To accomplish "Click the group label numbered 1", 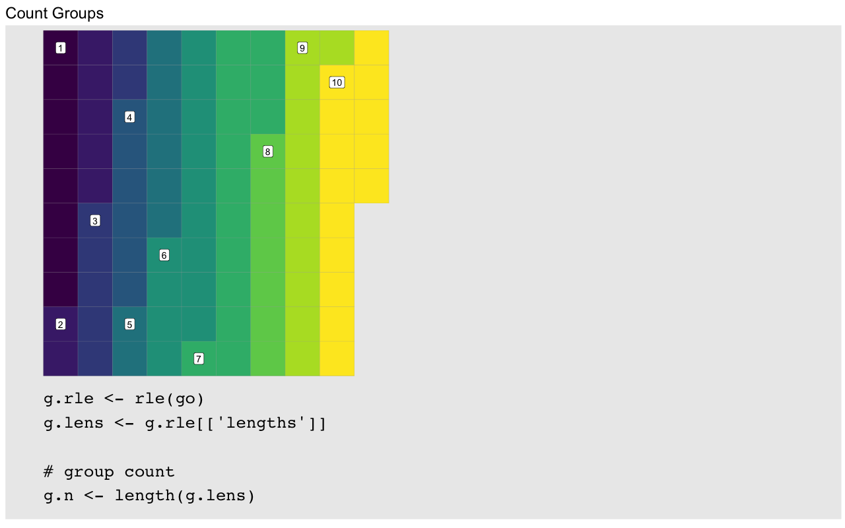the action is pyautogui.click(x=60, y=48).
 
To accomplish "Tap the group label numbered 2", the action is pyautogui.click(x=60, y=324).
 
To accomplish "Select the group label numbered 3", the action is pyautogui.click(x=95, y=220).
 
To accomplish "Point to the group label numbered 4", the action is pyautogui.click(x=129, y=117).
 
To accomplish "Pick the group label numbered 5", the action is pyautogui.click(x=129, y=324).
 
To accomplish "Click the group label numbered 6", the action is pyautogui.click(x=164, y=255).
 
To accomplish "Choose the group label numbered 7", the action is pyautogui.click(x=199, y=358).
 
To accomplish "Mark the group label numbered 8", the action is pyautogui.click(x=268, y=152).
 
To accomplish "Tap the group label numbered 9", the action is pyautogui.click(x=302, y=48).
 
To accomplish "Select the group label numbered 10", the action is pyautogui.click(x=337, y=82).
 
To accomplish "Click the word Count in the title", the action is pyautogui.click(x=27, y=13).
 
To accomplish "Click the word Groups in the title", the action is pyautogui.click(x=78, y=14).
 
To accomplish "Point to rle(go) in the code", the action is pyautogui.click(x=170, y=399).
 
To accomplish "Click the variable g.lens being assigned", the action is pyautogui.click(x=73, y=423).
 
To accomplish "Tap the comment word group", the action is pyautogui.click(x=88, y=473).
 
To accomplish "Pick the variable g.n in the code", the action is pyautogui.click(x=59, y=496).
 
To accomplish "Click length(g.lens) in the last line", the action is pyautogui.click(x=185, y=496).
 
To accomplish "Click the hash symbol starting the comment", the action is pyautogui.click(x=48, y=471).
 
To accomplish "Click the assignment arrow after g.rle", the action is pyautogui.click(x=114, y=399).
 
